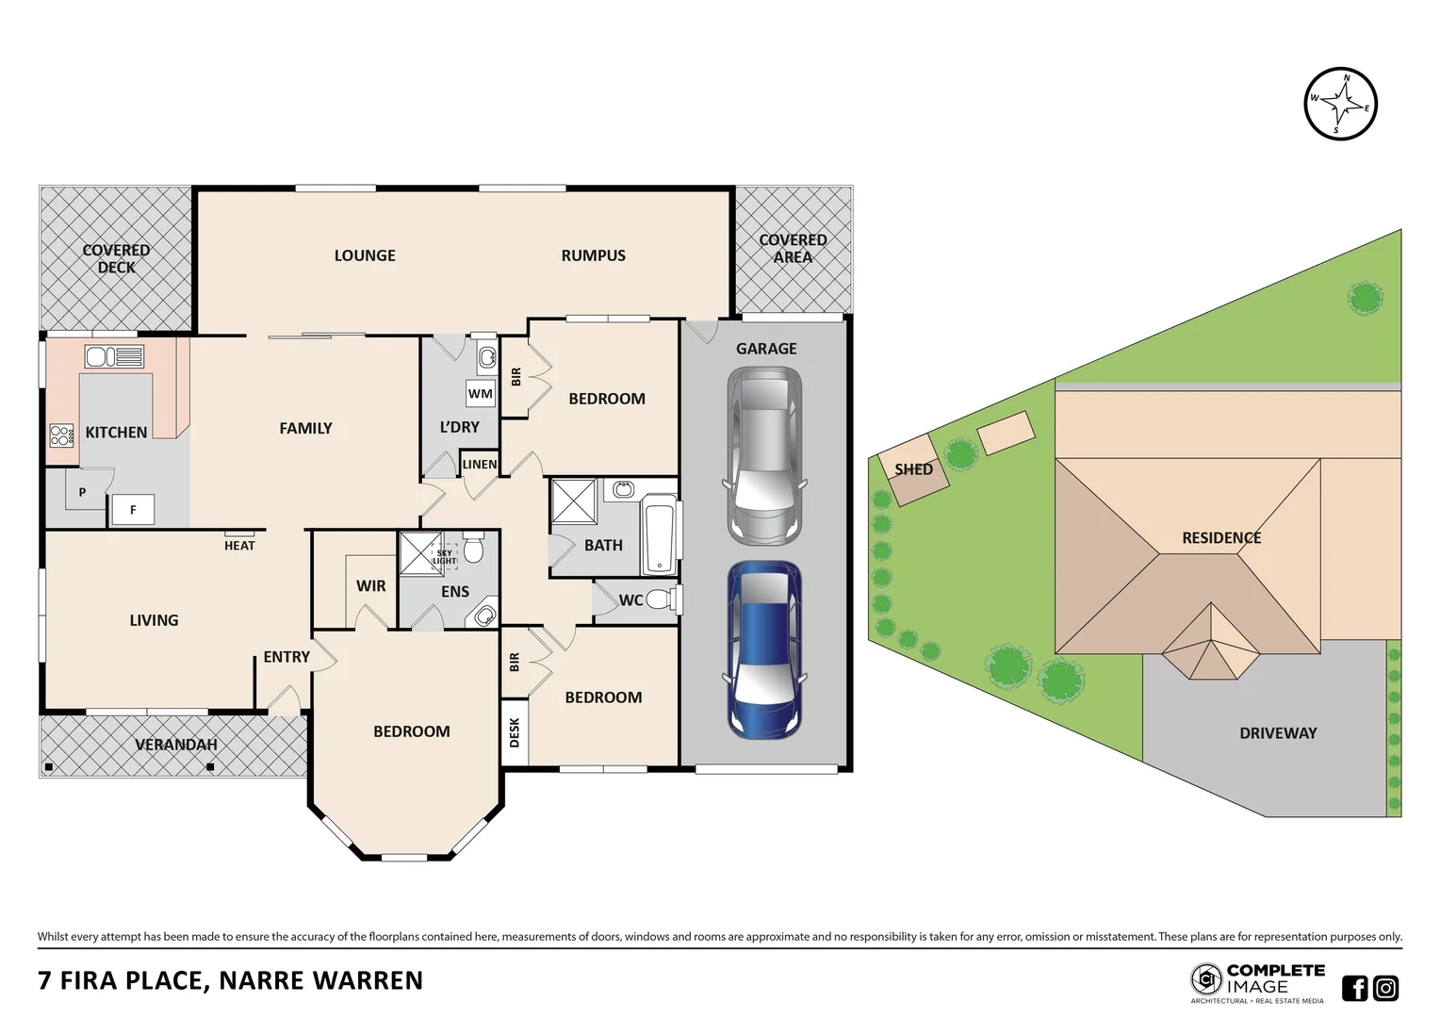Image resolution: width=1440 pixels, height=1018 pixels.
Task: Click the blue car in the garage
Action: (x=764, y=650)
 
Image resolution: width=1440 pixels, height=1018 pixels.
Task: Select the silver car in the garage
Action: (x=764, y=455)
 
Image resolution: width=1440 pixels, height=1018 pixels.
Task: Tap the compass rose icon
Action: (x=1340, y=104)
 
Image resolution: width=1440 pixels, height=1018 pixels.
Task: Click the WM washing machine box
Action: (x=480, y=393)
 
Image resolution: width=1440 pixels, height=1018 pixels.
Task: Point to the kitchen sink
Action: (x=114, y=356)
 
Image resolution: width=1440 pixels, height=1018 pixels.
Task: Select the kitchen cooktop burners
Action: (x=62, y=435)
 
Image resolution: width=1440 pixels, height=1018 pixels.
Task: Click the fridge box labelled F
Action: (x=133, y=510)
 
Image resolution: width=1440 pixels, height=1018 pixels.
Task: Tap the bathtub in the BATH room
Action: (x=660, y=537)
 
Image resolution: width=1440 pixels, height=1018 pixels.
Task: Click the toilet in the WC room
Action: (x=661, y=599)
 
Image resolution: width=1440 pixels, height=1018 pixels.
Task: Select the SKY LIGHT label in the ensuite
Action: (x=444, y=557)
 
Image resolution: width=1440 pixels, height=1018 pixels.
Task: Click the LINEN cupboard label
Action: (x=479, y=464)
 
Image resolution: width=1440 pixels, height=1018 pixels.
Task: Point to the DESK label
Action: (x=515, y=732)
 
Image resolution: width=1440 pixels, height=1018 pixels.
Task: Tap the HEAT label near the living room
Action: (x=239, y=545)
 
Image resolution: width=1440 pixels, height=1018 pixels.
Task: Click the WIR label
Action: (x=370, y=585)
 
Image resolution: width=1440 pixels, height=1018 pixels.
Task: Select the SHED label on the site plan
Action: (x=913, y=468)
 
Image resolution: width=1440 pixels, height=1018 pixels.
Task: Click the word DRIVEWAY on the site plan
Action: (x=1278, y=732)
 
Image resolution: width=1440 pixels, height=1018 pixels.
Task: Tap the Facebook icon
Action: (x=1354, y=988)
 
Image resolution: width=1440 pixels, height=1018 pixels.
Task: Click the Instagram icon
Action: (x=1385, y=988)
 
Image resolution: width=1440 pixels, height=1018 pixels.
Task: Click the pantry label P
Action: (x=82, y=492)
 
